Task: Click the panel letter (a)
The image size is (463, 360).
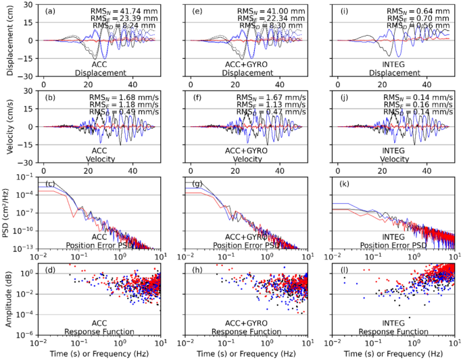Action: tap(51, 11)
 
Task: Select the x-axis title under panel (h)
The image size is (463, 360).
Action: tap(242, 354)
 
